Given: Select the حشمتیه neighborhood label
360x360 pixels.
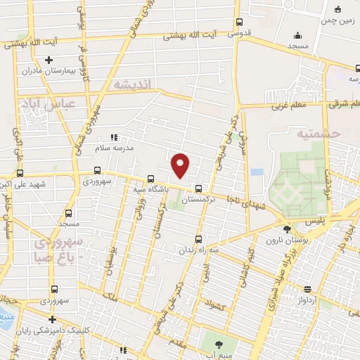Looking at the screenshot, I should pos(318,132).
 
